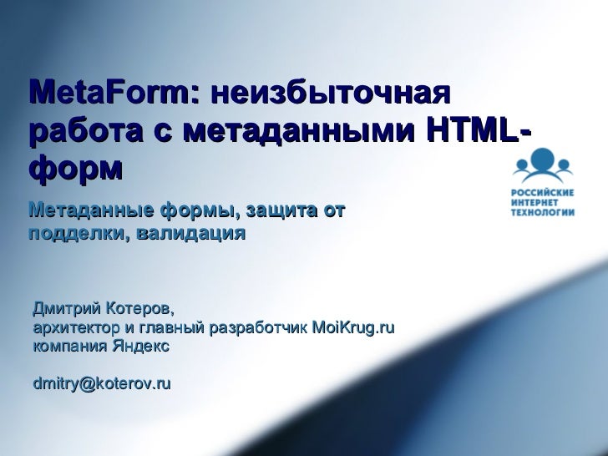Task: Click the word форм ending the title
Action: point(76,170)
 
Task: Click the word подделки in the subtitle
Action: point(74,231)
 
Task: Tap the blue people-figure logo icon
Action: point(542,165)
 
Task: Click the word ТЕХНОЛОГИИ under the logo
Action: point(543,212)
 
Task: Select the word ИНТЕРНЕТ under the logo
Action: point(535,201)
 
